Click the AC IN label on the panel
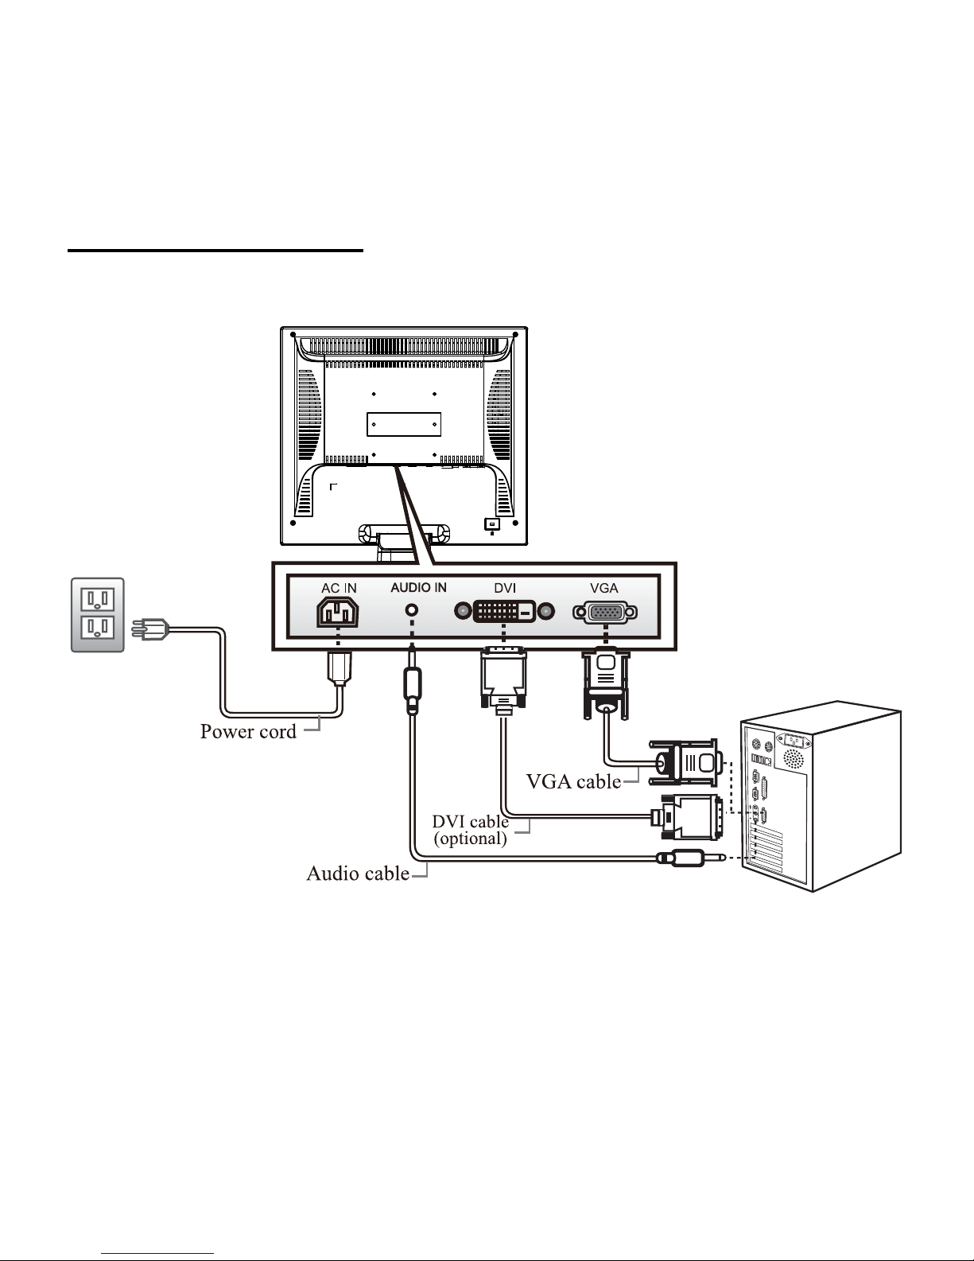340,588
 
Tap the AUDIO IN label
418,587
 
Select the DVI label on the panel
505,588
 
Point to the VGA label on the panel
604,588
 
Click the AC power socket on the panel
338,613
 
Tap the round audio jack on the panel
412,610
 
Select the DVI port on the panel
504,611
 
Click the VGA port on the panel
605,613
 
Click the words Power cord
248,731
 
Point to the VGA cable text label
573,781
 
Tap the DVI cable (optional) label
470,830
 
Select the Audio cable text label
358,874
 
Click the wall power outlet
97,614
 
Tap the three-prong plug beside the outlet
150,629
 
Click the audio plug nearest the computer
691,858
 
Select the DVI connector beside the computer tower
688,818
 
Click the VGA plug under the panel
606,685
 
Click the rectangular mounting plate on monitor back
404,424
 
